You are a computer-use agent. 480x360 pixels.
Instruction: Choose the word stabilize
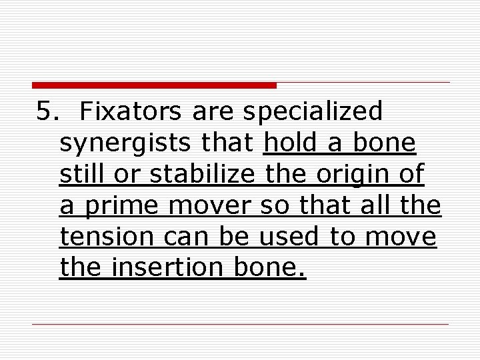click(x=202, y=174)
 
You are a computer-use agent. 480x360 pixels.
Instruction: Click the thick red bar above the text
click(x=154, y=85)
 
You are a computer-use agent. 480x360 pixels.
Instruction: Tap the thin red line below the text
click(x=240, y=324)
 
